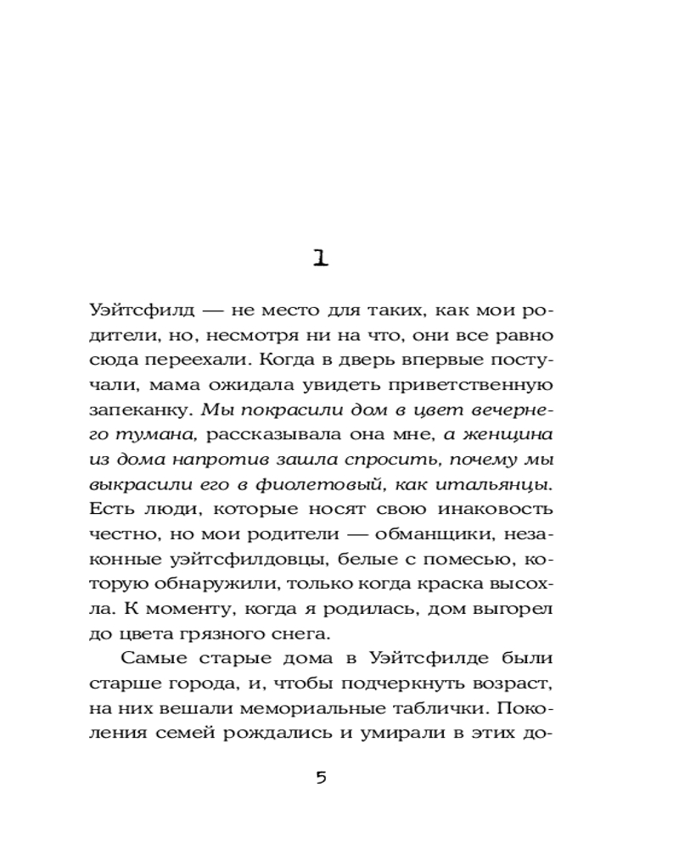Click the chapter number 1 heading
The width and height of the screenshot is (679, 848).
(x=320, y=258)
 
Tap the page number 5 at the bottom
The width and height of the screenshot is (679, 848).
(x=320, y=778)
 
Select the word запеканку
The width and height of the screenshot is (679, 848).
(x=139, y=410)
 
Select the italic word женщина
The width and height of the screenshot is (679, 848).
(x=508, y=434)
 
